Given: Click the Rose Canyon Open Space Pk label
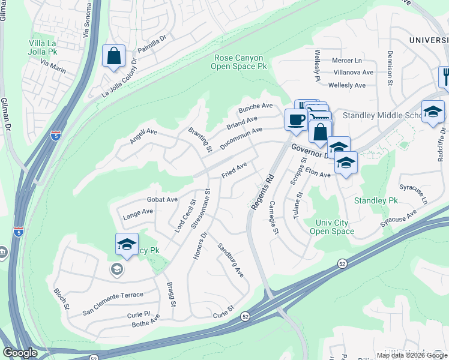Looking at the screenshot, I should tap(238, 62).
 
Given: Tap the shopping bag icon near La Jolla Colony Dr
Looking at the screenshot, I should tap(113, 57).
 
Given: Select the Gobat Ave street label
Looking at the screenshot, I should tap(162, 199).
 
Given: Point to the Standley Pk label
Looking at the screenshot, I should tap(376, 200).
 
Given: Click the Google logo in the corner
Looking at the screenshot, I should tap(20, 353).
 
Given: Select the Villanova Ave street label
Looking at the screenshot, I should tap(354, 72).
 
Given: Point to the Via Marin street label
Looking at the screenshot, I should tap(53, 65).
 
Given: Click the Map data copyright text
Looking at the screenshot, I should tap(412, 355).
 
